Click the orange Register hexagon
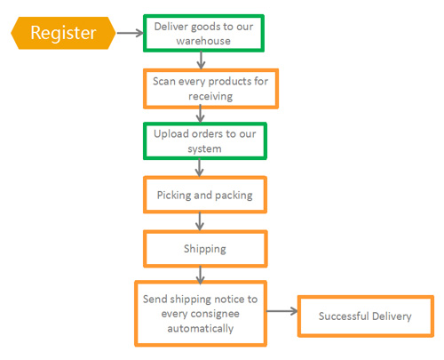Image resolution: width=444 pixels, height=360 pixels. click(63, 33)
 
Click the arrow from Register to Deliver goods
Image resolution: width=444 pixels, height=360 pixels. click(130, 33)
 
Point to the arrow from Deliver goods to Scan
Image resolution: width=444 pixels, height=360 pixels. click(201, 60)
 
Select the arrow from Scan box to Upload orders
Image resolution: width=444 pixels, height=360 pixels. click(201, 114)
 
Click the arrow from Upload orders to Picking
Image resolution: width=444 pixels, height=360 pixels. click(200, 168)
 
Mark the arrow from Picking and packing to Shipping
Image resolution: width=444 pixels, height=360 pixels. click(200, 221)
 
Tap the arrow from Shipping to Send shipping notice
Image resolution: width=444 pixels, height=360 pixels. click(201, 275)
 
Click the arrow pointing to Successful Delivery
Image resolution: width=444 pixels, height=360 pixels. click(282, 311)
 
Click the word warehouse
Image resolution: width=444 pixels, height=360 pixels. click(203, 41)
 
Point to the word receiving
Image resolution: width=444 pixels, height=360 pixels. click(210, 96)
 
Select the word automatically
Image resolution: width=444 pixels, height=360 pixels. click(201, 329)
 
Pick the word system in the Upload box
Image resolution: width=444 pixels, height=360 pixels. click(204, 149)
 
